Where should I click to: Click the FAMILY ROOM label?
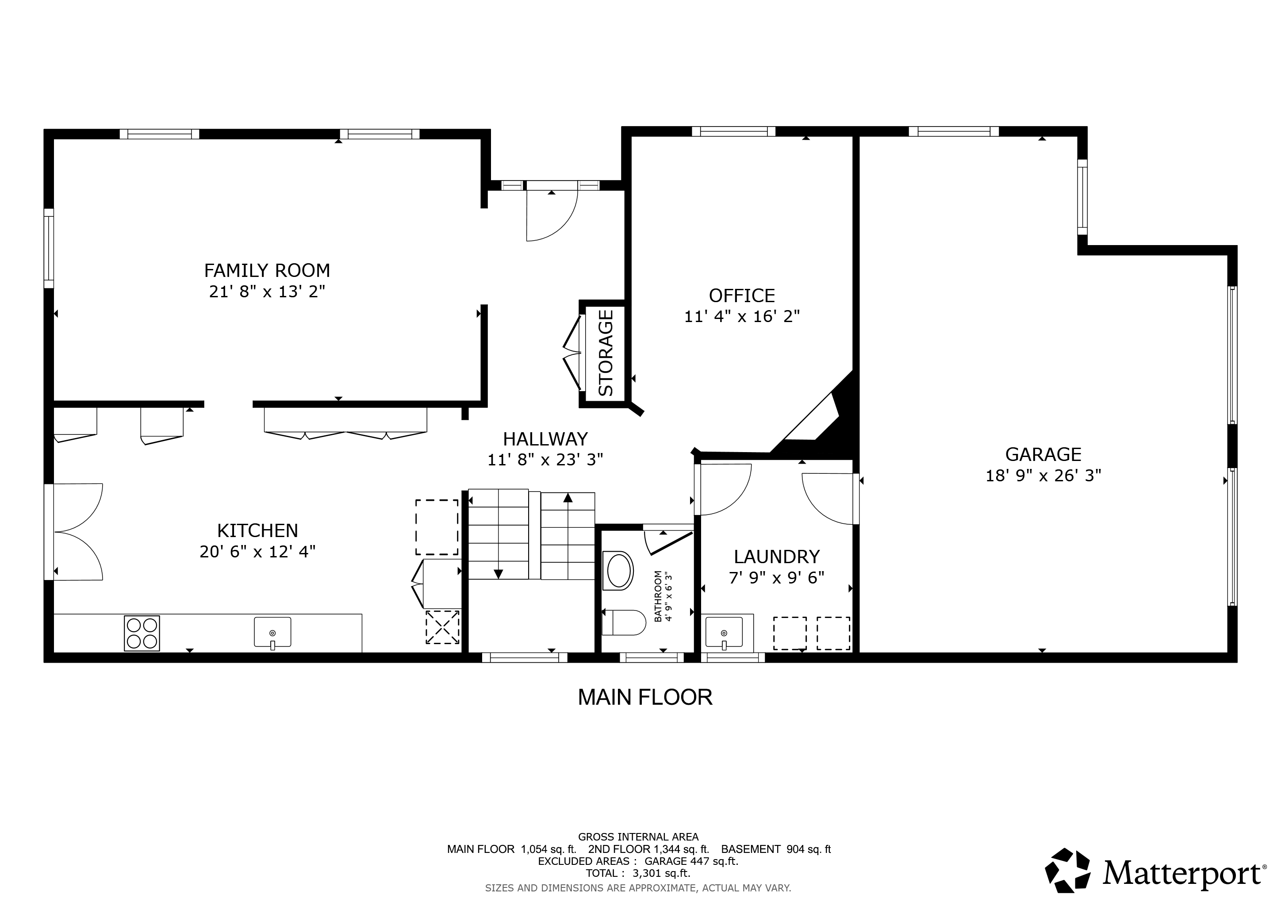(x=267, y=271)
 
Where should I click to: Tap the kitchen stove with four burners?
(x=142, y=633)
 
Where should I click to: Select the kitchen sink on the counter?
(x=272, y=633)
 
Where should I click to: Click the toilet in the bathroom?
(x=624, y=622)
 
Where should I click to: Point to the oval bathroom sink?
(x=618, y=571)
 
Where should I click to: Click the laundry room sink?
(x=724, y=633)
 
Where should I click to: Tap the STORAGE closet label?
(x=606, y=353)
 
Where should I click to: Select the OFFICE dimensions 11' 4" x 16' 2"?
(x=742, y=317)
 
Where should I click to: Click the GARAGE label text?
(x=1043, y=455)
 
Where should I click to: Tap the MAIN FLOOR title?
(x=645, y=697)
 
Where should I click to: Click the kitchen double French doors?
(x=77, y=532)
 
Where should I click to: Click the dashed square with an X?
(x=442, y=627)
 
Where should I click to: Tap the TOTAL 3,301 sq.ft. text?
(x=638, y=873)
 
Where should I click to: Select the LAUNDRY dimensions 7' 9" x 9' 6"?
(x=777, y=577)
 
